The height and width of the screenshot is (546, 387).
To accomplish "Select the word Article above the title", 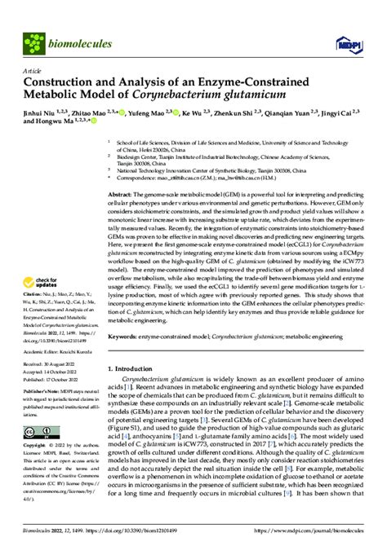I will (30, 70).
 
